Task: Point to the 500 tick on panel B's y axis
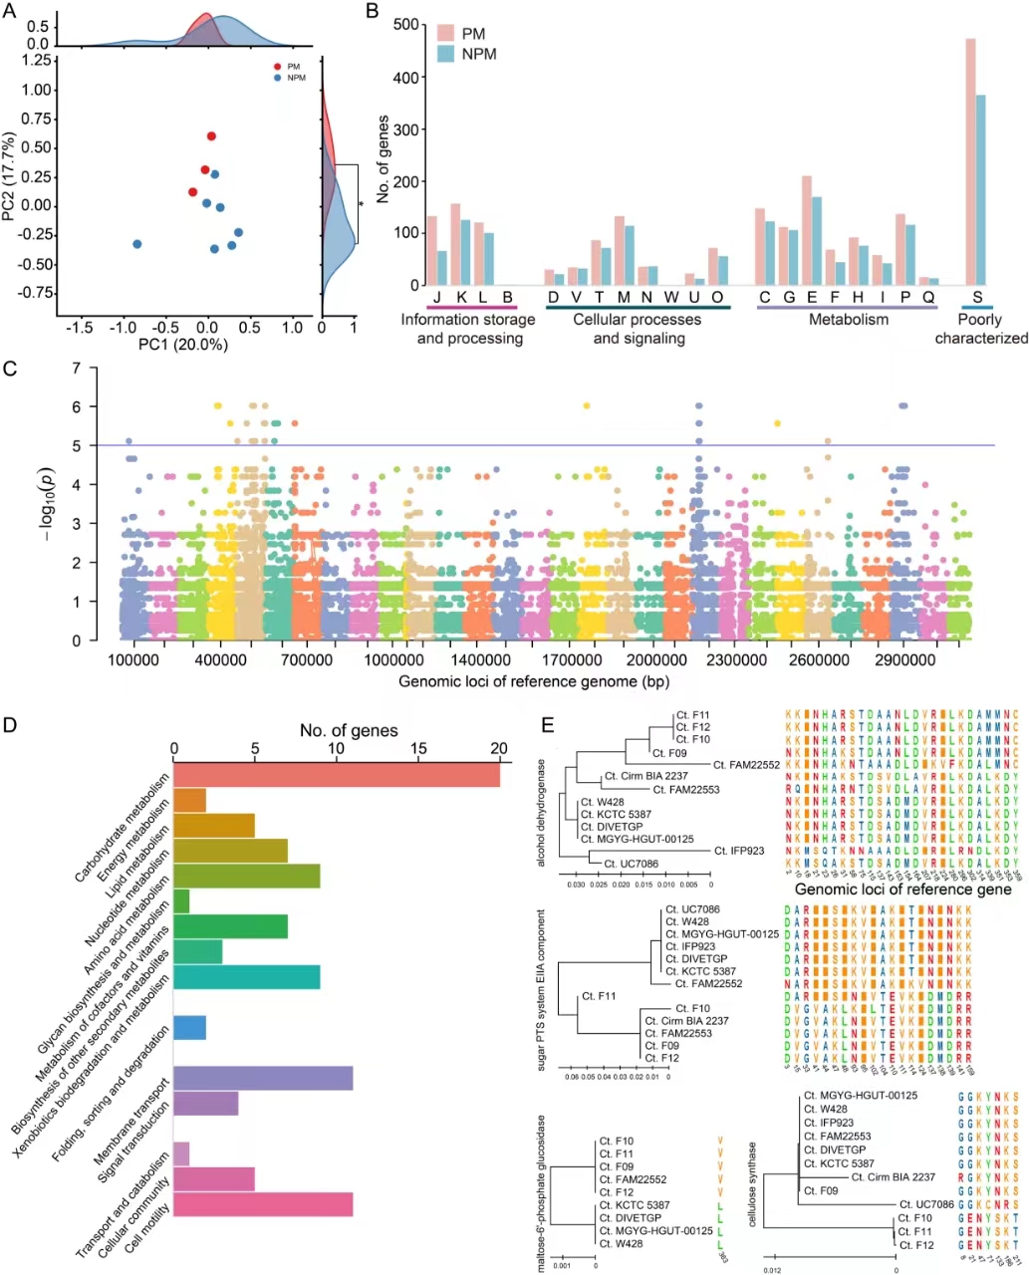(403, 25)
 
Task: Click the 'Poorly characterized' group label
(980, 329)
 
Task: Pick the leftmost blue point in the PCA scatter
(137, 244)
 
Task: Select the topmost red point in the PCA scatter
(211, 136)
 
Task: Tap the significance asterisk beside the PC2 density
(361, 204)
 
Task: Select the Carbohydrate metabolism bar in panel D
(337, 774)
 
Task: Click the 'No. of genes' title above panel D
(349, 731)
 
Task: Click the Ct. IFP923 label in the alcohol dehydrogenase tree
(739, 851)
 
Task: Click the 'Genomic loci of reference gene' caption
(902, 890)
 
